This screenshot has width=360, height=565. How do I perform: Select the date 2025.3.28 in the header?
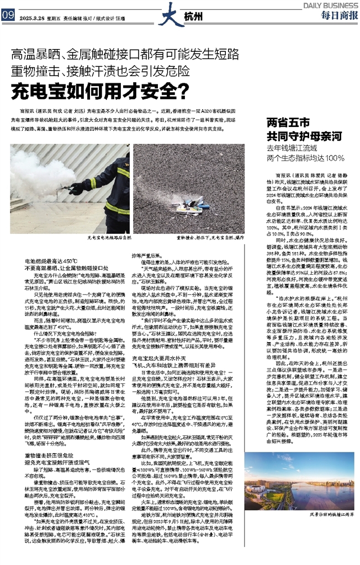(33, 17)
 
